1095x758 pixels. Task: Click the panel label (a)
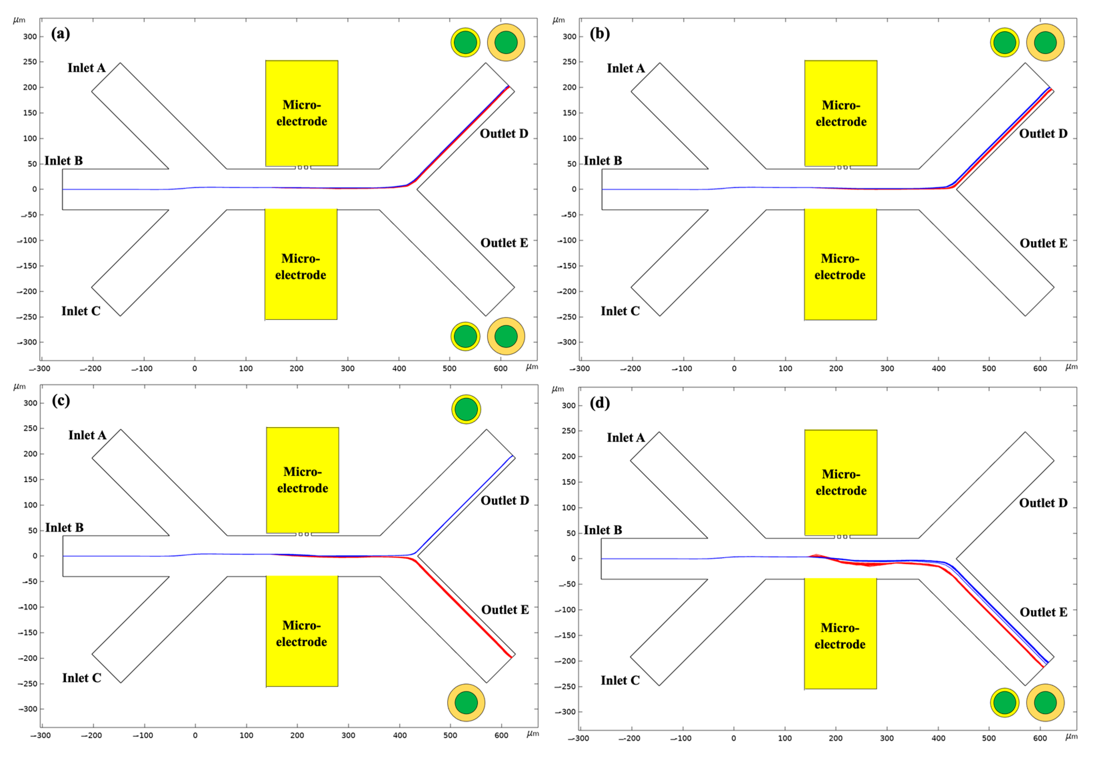pos(60,34)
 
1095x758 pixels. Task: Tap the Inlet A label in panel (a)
pos(86,68)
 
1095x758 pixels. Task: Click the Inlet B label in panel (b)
pos(602,161)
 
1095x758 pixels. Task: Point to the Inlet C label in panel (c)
pos(82,678)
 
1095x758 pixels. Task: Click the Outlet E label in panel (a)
pos(504,243)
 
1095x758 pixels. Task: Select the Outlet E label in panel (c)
pos(505,609)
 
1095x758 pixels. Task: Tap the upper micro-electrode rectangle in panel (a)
pos(302,113)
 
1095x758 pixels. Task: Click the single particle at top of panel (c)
pos(466,409)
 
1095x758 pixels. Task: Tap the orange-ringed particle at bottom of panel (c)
pos(466,702)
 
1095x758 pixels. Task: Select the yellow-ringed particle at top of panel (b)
pos(1004,42)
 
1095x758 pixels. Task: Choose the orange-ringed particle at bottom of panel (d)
pos(1045,702)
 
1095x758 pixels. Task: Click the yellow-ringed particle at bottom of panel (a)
pos(465,336)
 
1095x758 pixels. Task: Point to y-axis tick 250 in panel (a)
pos(30,62)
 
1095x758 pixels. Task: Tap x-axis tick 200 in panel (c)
pos(297,736)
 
